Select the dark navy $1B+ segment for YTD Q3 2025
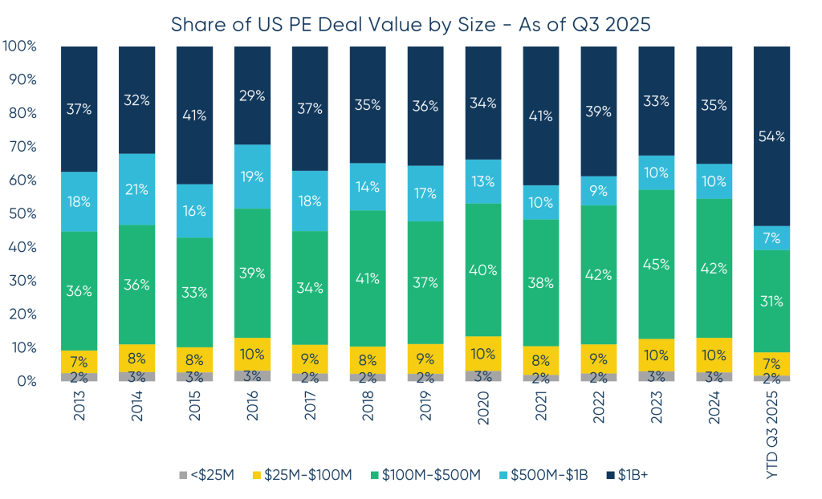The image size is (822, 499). tap(771, 136)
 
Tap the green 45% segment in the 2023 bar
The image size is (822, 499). tap(656, 264)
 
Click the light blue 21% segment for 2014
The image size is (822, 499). tap(136, 189)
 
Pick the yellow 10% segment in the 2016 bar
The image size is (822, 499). tap(252, 354)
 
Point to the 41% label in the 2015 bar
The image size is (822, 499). tap(194, 115)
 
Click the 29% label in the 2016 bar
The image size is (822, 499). tap(252, 95)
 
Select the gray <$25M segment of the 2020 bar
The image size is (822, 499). tap(483, 375)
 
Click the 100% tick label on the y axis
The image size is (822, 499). tap(20, 47)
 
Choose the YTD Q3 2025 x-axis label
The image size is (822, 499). tap(772, 433)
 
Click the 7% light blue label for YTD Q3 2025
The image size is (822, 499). tap(771, 238)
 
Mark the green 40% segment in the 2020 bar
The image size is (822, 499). tap(483, 270)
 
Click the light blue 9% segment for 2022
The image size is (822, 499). tap(598, 191)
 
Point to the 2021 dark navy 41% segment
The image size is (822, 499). tap(540, 116)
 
